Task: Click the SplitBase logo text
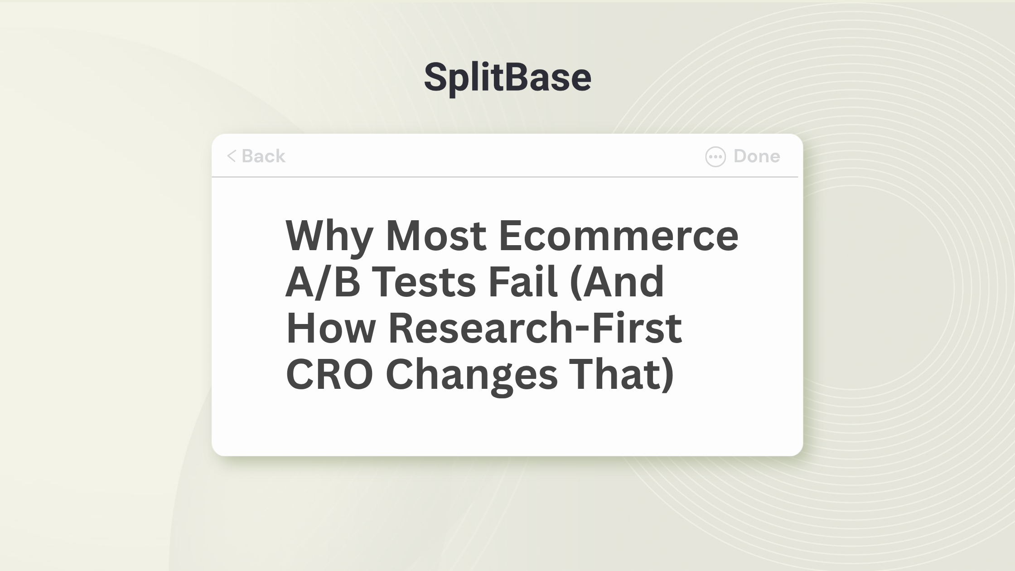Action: (507, 78)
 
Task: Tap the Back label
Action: (264, 156)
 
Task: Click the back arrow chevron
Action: (231, 156)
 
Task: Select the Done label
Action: (757, 156)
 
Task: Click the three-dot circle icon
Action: (715, 157)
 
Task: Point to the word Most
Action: (436, 236)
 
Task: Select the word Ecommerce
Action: (619, 236)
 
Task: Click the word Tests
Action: (424, 282)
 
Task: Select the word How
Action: (331, 328)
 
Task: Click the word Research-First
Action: (535, 328)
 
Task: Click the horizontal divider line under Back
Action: (505, 177)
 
